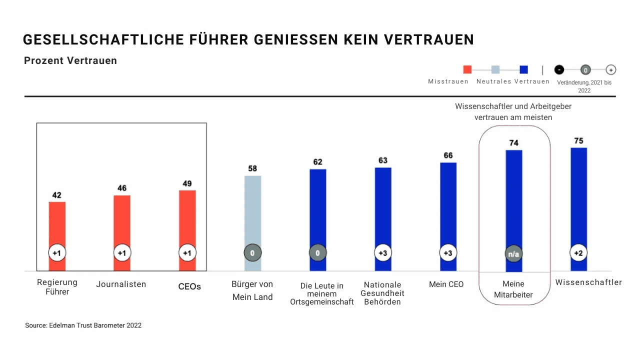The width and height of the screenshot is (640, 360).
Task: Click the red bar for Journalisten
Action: pyautogui.click(x=122, y=225)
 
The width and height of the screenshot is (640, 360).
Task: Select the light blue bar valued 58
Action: pyautogui.click(x=252, y=215)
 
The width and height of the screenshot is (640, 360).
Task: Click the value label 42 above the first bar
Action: pyautogui.click(x=57, y=195)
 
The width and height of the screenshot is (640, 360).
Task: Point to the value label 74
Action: pyautogui.click(x=514, y=143)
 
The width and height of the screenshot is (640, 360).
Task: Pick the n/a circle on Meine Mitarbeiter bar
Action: pyautogui.click(x=514, y=253)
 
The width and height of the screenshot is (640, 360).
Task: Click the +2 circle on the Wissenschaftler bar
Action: pyautogui.click(x=578, y=253)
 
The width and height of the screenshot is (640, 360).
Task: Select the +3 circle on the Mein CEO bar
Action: pyautogui.click(x=448, y=253)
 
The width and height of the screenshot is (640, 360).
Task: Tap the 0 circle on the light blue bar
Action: pyautogui.click(x=252, y=253)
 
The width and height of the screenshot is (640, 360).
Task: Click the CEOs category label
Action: pyautogui.click(x=189, y=286)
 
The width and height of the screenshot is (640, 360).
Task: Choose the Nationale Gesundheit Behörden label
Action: pyautogui.click(x=382, y=293)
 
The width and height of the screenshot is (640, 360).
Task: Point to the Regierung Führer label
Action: pyautogui.click(x=57, y=287)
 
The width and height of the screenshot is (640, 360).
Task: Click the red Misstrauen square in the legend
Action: pyautogui.click(x=467, y=69)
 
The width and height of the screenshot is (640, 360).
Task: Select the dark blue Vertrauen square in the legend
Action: pyautogui.click(x=524, y=69)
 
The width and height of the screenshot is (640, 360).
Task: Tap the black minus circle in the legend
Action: pyautogui.click(x=559, y=69)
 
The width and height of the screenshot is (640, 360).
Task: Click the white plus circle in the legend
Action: pyautogui.click(x=610, y=69)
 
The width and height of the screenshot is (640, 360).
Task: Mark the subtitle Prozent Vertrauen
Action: pyautogui.click(x=70, y=60)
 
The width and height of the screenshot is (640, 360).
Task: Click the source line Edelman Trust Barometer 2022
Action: pyautogui.click(x=83, y=325)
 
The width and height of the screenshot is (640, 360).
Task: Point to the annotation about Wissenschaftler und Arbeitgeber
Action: pyautogui.click(x=513, y=112)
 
